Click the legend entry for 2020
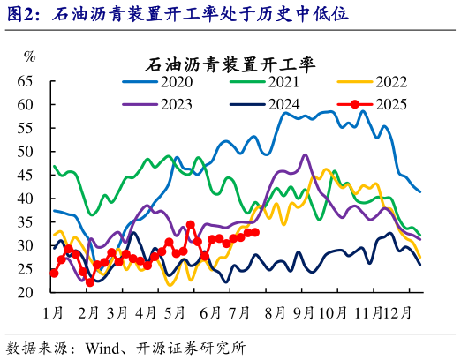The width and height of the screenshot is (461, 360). pyautogui.click(x=163, y=83)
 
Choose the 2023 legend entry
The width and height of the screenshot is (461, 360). pyautogui.click(x=163, y=104)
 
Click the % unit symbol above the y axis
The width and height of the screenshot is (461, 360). pyautogui.click(x=29, y=56)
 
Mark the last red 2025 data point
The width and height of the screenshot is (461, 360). pyautogui.click(x=255, y=232)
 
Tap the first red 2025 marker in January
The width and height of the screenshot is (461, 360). pyautogui.click(x=54, y=273)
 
